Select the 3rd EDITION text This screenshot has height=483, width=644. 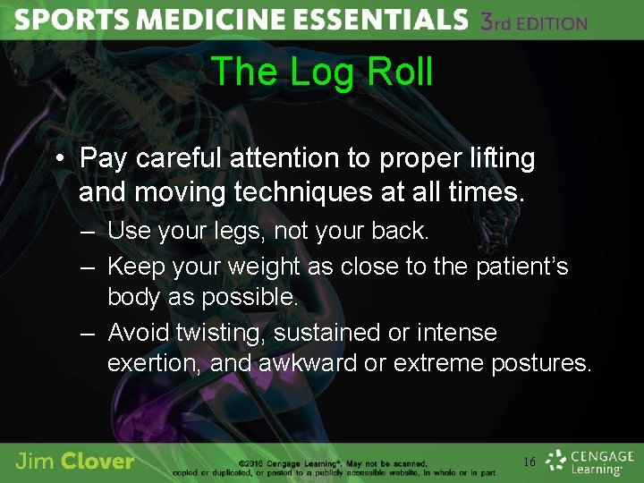tap(535, 21)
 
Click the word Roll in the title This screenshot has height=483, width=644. tap(399, 72)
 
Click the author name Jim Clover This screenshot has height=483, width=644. tap(75, 461)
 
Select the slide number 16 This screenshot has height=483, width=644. tap(529, 462)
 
